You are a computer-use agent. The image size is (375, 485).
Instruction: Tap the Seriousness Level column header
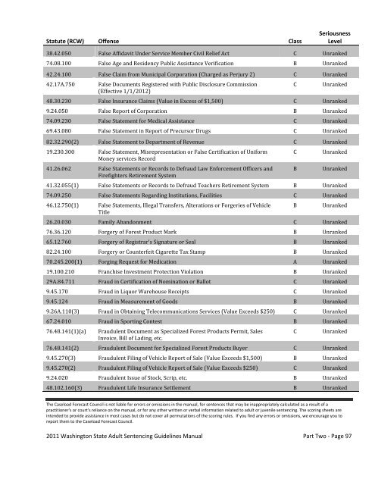[x=335, y=35]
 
